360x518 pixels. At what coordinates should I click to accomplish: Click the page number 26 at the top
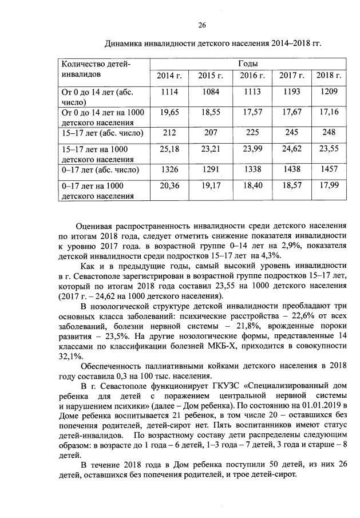tap(201, 25)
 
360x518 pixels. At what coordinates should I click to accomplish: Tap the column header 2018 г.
tap(329, 76)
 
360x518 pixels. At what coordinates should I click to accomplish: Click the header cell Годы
tap(247, 63)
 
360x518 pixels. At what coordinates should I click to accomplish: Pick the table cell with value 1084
tap(208, 92)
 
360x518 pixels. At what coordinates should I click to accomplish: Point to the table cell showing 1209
tap(329, 92)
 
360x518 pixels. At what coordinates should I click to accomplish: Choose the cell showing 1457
tap(329, 170)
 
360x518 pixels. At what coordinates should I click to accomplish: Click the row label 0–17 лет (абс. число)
tap(100, 170)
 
